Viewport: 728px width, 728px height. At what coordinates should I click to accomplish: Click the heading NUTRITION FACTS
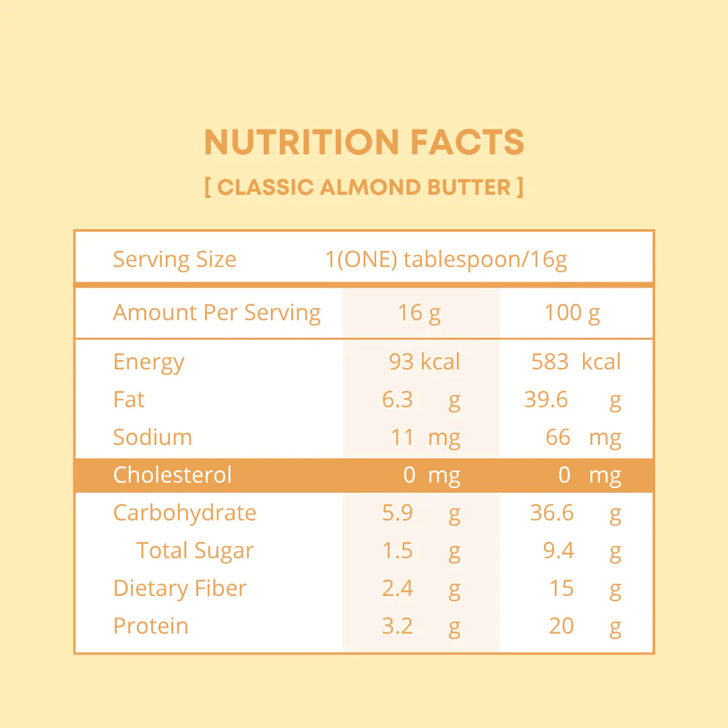[x=364, y=142]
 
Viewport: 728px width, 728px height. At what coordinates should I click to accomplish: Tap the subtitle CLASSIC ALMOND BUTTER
[x=364, y=187]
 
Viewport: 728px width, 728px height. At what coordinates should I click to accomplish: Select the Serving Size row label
[x=175, y=260]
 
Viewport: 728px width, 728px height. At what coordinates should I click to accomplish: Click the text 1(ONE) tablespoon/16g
[x=446, y=260]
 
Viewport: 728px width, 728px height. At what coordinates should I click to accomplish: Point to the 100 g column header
[x=572, y=313]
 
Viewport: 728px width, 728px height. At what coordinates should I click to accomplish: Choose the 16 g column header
[x=419, y=313]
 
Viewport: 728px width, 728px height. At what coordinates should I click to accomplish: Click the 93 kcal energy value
[x=424, y=362]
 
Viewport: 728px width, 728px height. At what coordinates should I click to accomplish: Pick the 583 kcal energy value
[x=576, y=362]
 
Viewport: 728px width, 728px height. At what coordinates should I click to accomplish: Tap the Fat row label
[x=129, y=400]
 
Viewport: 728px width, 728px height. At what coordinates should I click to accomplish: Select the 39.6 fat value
[x=546, y=400]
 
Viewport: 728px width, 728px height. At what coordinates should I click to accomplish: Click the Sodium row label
[x=152, y=437]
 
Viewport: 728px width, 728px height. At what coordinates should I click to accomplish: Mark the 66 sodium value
[x=558, y=437]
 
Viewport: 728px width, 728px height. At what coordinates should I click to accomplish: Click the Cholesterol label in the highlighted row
[x=173, y=475]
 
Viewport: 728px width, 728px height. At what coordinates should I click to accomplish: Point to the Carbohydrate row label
[x=185, y=513]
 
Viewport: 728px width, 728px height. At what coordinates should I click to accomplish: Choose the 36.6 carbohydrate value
[x=551, y=513]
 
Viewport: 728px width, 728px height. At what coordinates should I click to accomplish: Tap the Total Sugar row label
[x=195, y=551]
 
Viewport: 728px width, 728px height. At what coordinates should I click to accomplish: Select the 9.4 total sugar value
[x=558, y=551]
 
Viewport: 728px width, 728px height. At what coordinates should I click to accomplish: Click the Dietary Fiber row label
[x=180, y=588]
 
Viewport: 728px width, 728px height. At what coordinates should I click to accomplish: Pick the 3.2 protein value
[x=397, y=626]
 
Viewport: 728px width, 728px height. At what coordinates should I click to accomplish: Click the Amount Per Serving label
[x=216, y=313]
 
